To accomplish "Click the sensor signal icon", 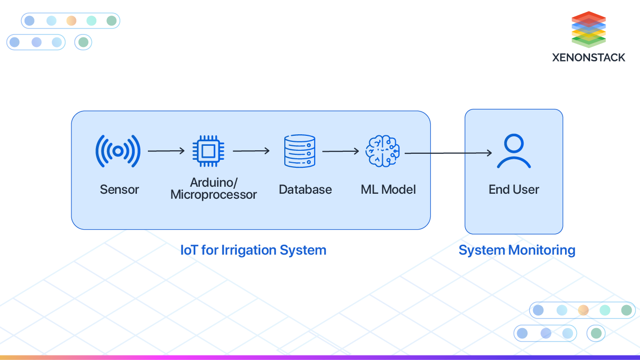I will coord(118,151).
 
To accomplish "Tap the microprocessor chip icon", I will coord(208,150).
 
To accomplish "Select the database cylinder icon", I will coord(300,151).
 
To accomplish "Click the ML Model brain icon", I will coord(382,151).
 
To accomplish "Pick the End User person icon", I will coord(514,152).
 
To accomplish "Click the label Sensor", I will coord(119,190).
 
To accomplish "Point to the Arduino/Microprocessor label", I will coord(213,188).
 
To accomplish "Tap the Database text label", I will coord(305,190).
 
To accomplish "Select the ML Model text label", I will coord(388,190).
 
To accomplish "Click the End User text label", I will coord(514,190).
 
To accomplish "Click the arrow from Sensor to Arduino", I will coord(166,150).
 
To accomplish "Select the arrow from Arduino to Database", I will coord(251,150).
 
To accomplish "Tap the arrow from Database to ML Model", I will coord(341,151).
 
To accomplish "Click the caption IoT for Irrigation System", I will coord(253,250).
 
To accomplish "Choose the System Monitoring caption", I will coord(517,250).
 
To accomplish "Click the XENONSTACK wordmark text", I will coord(589,57).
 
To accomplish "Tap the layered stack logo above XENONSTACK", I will coord(589,29).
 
